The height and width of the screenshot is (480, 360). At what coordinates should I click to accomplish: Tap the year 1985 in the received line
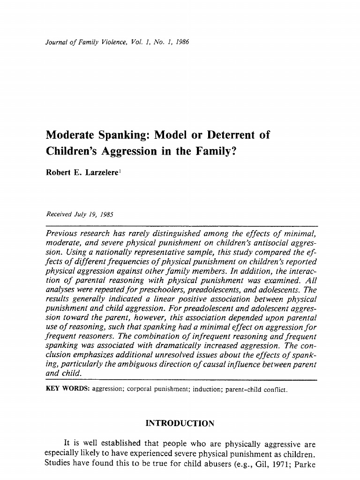coord(105,214)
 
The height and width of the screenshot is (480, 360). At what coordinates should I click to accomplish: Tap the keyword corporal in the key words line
coord(139,390)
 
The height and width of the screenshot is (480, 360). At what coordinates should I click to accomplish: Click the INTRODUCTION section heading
coord(180,424)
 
